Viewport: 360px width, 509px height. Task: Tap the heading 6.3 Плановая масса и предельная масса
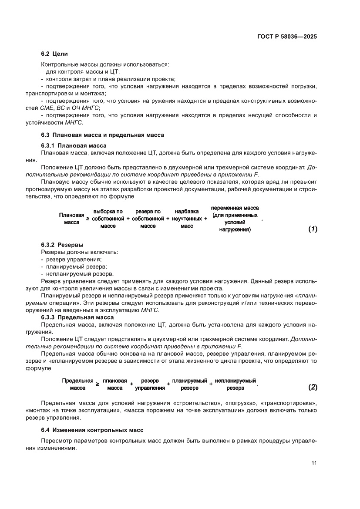click(x=102, y=135)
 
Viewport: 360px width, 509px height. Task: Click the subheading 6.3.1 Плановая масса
click(x=74, y=145)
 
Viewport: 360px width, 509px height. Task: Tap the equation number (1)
click(x=313, y=229)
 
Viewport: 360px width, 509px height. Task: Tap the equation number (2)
click(x=313, y=387)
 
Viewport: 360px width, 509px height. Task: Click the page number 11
click(x=313, y=463)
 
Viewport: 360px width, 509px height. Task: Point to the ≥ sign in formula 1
click(x=87, y=219)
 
